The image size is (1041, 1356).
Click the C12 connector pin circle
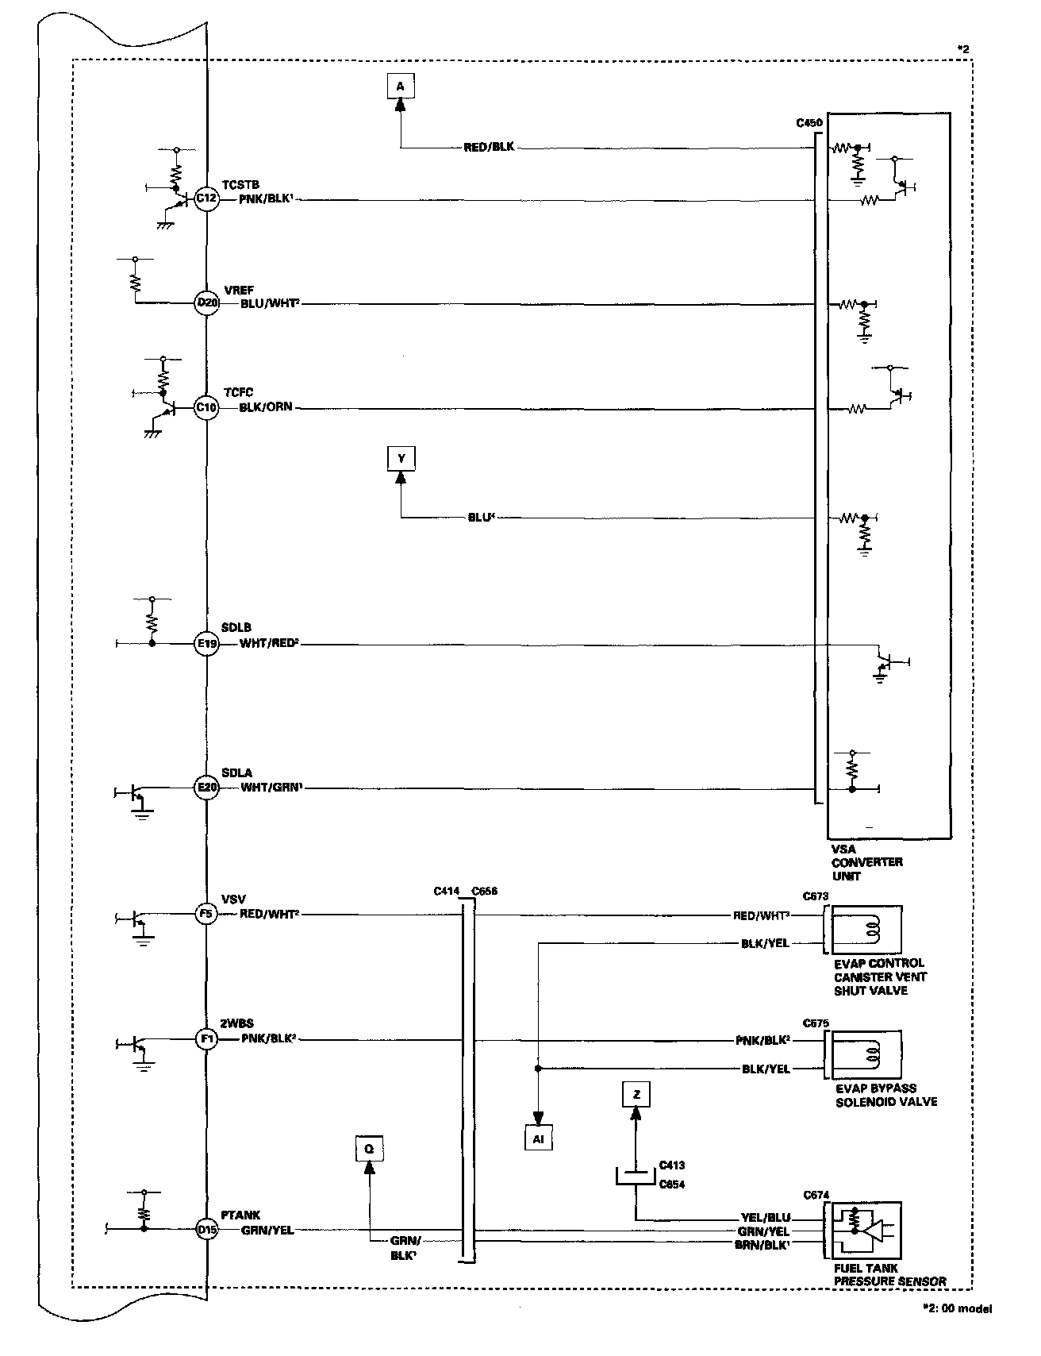coord(206,200)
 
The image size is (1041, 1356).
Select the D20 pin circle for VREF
coord(206,302)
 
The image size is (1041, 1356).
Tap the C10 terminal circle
coord(206,408)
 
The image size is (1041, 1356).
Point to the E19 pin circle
coord(206,644)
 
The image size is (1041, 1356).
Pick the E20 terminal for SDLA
coord(206,788)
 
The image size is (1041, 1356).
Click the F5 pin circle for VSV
coord(206,915)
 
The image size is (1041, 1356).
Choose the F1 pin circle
coord(206,1039)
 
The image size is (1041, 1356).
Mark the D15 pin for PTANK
coord(206,1231)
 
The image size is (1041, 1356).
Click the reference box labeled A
coord(400,85)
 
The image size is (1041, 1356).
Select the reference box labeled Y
coord(401,458)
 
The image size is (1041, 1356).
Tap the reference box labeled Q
coord(369,1148)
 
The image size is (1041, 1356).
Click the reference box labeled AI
coord(538,1138)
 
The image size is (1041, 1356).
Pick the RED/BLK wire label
coord(489,148)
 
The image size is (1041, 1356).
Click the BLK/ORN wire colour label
coord(266,408)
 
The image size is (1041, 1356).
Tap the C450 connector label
coord(809,123)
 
